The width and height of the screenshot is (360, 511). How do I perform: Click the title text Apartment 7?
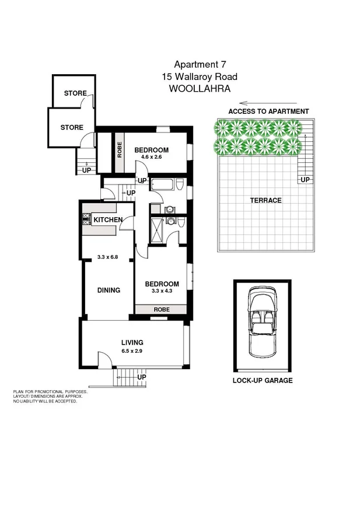(x=199, y=65)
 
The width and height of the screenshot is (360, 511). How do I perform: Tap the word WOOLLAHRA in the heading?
(x=199, y=89)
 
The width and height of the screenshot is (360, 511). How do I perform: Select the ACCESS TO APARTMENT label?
(x=268, y=111)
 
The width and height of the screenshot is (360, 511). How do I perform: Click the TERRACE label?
(x=265, y=200)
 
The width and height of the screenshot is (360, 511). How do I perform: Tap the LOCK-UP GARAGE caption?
(x=262, y=380)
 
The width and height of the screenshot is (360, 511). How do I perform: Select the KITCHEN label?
(x=108, y=220)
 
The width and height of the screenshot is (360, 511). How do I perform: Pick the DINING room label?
(x=109, y=290)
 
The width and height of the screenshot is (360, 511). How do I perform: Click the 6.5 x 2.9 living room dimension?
(x=132, y=351)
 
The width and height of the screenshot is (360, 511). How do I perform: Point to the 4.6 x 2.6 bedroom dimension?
(x=151, y=158)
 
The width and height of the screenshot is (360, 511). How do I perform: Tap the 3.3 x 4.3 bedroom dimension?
(x=162, y=292)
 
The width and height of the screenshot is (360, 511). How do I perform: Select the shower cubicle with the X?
(x=157, y=230)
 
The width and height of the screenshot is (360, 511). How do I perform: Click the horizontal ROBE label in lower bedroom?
(x=162, y=309)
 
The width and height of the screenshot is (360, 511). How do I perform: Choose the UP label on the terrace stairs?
(x=305, y=180)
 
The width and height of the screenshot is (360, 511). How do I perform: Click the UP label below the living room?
(x=141, y=377)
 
